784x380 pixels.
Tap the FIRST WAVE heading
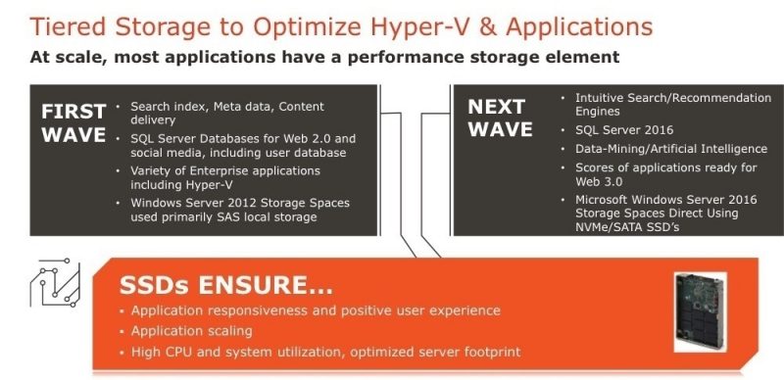click(x=73, y=121)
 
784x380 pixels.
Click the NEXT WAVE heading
click(x=501, y=117)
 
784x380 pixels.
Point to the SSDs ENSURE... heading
click(x=225, y=287)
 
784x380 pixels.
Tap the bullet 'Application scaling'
click(x=192, y=331)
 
